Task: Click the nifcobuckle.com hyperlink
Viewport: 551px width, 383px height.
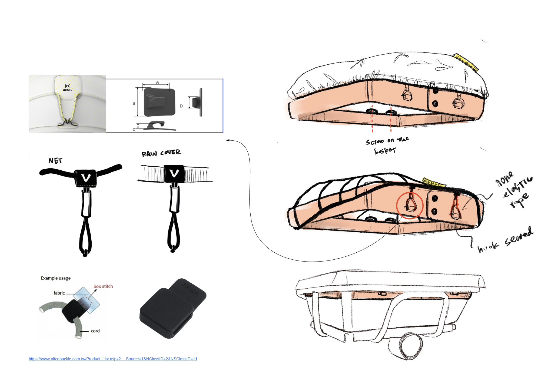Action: [113, 359]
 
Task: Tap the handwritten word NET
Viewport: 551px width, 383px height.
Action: [55, 161]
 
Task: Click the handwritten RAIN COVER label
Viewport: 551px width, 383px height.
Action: [161, 153]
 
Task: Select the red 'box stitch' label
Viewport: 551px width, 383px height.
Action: [103, 286]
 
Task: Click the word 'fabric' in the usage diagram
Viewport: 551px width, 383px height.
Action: [59, 293]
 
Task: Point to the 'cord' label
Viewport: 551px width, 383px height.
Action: [95, 331]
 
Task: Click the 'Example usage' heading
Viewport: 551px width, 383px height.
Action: [56, 278]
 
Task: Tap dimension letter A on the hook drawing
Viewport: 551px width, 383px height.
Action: [157, 82]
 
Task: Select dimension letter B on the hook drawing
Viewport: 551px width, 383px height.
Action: [134, 103]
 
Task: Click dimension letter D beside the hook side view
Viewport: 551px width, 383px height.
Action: [181, 106]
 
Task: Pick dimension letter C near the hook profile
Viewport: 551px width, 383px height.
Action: [134, 129]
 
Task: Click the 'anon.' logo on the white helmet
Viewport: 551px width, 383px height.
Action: [67, 88]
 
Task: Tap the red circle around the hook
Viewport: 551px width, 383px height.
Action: [410, 206]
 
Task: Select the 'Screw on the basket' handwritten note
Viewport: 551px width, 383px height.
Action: [387, 146]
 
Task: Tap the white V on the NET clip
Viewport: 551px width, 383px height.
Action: [86, 178]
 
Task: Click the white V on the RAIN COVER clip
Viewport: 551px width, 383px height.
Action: [174, 173]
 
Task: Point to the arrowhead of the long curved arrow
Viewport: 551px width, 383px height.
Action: [227, 140]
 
